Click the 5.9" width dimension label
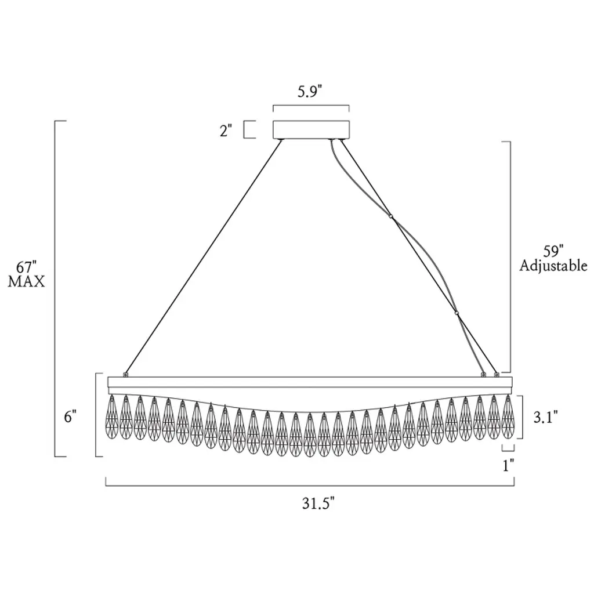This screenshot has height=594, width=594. [x=309, y=92]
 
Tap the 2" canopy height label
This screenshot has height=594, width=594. [x=226, y=131]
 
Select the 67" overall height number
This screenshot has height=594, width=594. [x=26, y=267]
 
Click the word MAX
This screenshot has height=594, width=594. [x=26, y=281]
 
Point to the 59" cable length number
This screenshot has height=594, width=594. [x=553, y=252]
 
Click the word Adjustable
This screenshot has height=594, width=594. [x=553, y=266]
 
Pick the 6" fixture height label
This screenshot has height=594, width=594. [x=70, y=417]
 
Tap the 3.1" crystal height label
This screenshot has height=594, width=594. [x=545, y=417]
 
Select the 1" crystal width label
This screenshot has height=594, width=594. [x=508, y=466]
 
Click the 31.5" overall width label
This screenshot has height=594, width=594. [x=318, y=504]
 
